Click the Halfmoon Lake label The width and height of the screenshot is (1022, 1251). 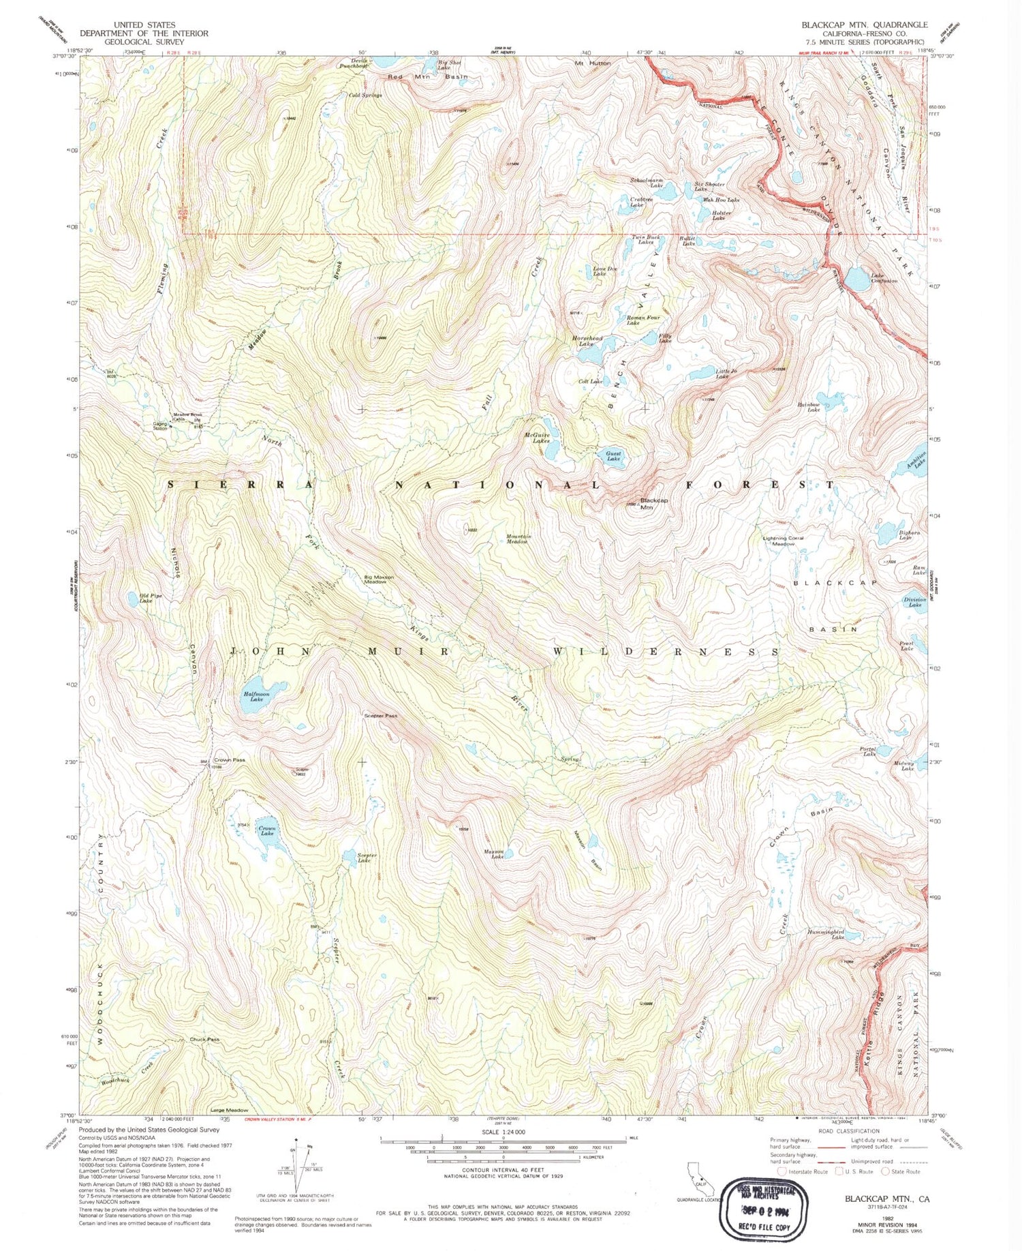point(256,697)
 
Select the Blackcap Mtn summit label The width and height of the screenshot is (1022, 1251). point(653,503)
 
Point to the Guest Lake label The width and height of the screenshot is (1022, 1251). point(614,456)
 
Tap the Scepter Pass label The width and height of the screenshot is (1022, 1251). point(380,716)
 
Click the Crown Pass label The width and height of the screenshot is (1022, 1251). point(229,759)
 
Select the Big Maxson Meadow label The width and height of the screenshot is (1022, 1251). point(379,579)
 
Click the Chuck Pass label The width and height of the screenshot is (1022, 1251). point(204,1040)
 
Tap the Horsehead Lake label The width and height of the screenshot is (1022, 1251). point(587,341)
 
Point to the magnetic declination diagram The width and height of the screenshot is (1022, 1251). point(298,1170)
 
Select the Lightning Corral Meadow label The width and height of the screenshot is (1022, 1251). point(783,541)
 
